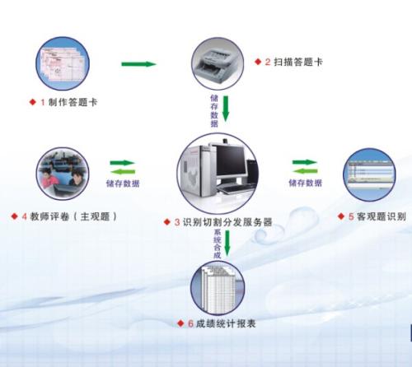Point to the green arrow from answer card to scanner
click(138, 63)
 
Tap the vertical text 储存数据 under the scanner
click(214, 108)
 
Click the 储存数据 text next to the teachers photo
click(123, 183)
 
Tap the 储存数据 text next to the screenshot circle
click(305, 183)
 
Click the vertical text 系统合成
click(218, 245)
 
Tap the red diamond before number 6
click(180, 323)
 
